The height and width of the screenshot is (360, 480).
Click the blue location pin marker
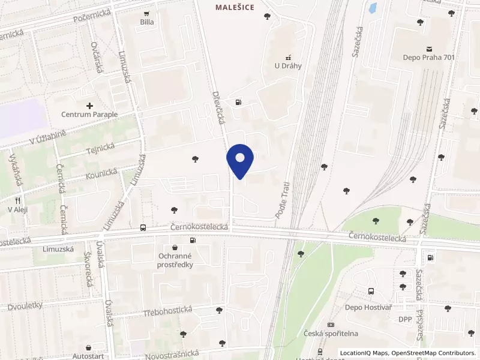point(240,161)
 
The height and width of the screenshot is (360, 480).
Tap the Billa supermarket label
point(147,22)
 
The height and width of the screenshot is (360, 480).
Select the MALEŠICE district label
point(235,7)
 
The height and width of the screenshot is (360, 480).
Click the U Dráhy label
point(287,66)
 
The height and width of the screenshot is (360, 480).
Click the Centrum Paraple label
point(89,114)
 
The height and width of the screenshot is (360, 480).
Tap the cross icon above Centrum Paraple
point(89,106)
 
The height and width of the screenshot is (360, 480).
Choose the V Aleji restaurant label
point(18,209)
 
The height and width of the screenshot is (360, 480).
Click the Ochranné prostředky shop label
point(175,260)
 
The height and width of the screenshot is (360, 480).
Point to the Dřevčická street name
point(218,108)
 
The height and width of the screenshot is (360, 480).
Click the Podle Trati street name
point(281,199)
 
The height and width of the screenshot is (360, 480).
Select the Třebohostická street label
point(168,310)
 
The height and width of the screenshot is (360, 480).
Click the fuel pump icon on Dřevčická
point(239,102)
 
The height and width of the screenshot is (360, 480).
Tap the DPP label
point(405,319)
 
